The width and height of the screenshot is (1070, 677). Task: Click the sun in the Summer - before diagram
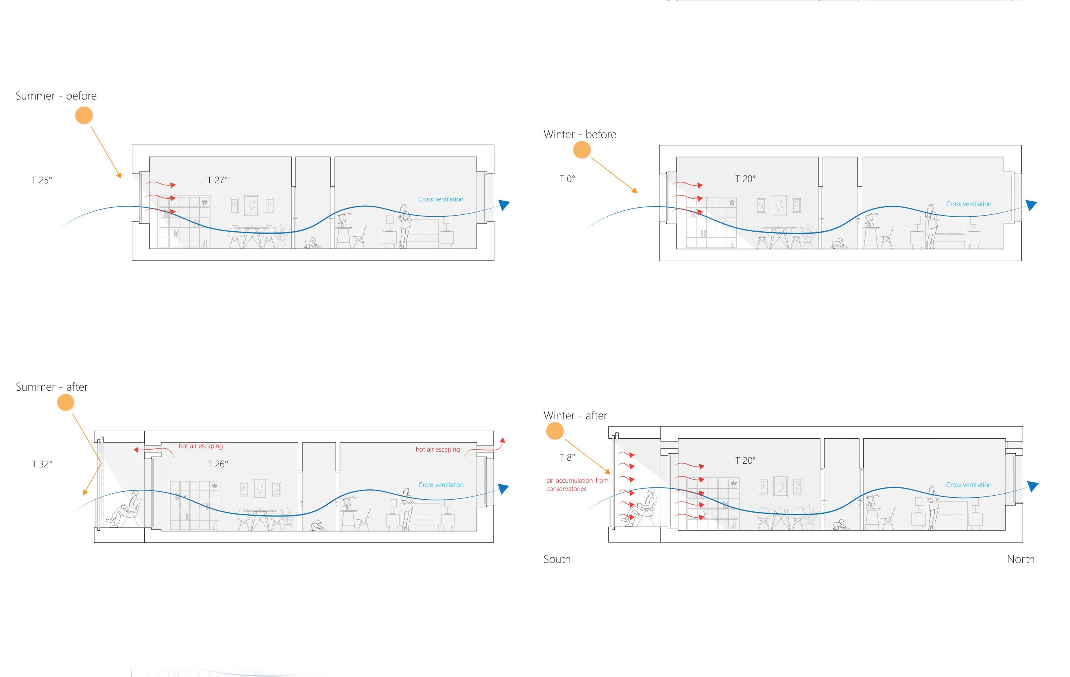click(83, 116)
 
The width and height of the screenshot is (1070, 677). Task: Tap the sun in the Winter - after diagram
click(554, 431)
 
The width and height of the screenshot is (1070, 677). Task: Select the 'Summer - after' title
click(52, 387)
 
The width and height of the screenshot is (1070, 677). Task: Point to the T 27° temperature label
click(217, 180)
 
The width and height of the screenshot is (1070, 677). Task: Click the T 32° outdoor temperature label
click(42, 464)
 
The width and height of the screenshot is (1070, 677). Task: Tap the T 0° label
click(567, 179)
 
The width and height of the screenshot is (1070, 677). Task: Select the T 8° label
click(567, 457)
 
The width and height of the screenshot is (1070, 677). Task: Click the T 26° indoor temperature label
click(218, 464)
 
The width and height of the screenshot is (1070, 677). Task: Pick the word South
click(557, 559)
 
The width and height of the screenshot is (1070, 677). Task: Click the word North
click(1020, 559)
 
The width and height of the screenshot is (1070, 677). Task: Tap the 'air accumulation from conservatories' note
click(577, 485)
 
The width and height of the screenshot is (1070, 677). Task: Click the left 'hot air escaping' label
click(201, 446)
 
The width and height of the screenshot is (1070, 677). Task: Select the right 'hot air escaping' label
click(438, 450)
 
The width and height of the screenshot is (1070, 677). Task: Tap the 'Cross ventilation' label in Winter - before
click(969, 204)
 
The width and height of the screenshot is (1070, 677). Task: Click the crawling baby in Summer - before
click(311, 243)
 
